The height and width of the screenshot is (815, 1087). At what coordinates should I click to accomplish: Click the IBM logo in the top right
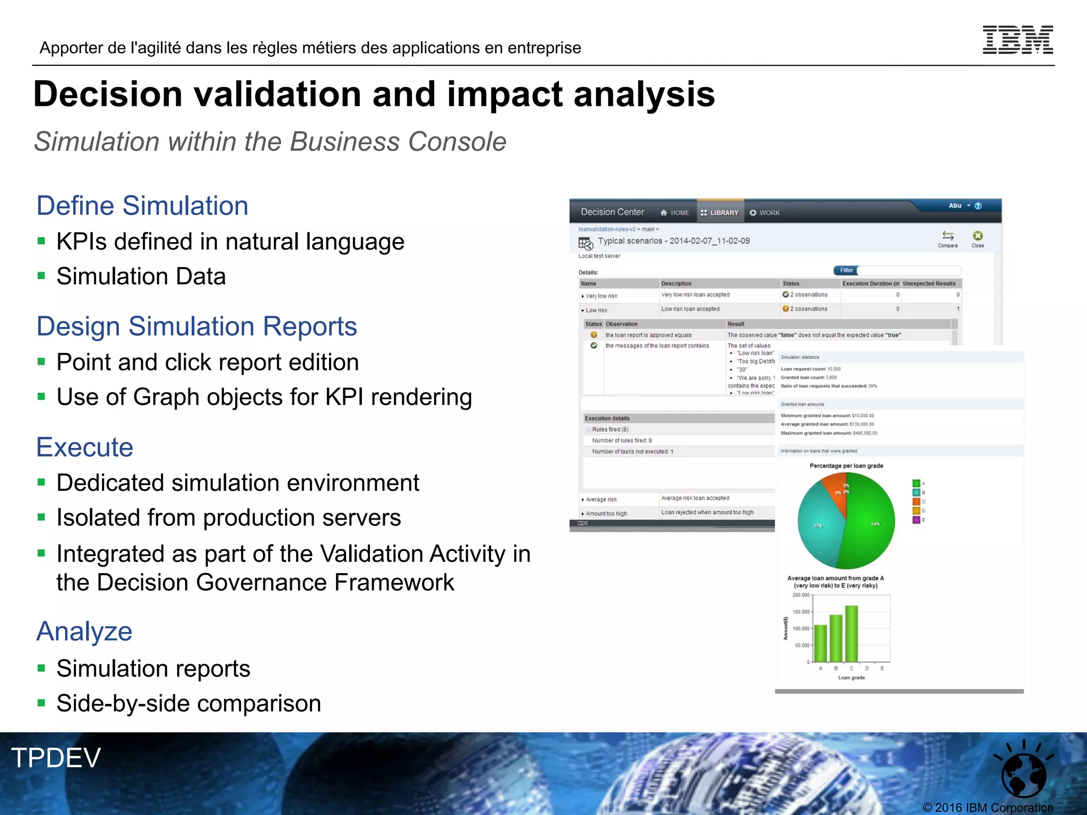pyautogui.click(x=1017, y=40)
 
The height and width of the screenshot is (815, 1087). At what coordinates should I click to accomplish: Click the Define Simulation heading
pyautogui.click(x=142, y=206)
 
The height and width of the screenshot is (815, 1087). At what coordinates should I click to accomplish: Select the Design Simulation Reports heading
pyautogui.click(x=196, y=326)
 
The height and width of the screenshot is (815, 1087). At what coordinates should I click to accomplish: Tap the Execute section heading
pyautogui.click(x=85, y=447)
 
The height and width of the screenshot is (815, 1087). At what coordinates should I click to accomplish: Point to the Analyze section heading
pyautogui.click(x=84, y=631)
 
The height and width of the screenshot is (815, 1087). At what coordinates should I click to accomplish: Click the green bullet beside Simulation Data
pyautogui.click(x=41, y=276)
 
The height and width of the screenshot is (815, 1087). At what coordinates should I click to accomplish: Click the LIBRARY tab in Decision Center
pyautogui.click(x=720, y=213)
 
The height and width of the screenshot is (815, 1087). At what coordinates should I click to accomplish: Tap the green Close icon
pyautogui.click(x=978, y=236)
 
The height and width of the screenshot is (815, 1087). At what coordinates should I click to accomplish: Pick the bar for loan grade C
pyautogui.click(x=851, y=634)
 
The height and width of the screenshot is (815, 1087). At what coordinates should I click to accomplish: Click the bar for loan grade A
pyautogui.click(x=821, y=643)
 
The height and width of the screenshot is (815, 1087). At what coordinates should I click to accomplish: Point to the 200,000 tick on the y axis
pyautogui.click(x=801, y=595)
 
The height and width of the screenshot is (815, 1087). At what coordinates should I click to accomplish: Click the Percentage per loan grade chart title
pyautogui.click(x=846, y=466)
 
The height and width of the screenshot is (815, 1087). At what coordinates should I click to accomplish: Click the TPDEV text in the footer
pyautogui.click(x=56, y=758)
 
